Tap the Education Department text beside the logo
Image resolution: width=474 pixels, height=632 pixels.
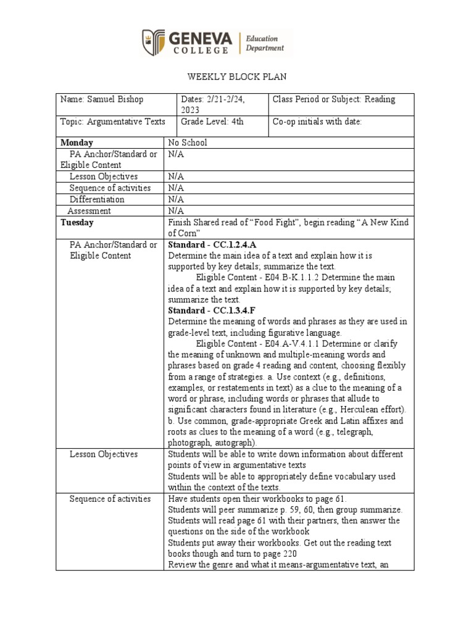[x=265, y=43]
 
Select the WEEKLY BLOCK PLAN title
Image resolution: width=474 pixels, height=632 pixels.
[x=236, y=77]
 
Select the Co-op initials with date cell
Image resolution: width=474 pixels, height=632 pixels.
[x=317, y=122]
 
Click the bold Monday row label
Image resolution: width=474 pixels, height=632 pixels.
[x=77, y=143]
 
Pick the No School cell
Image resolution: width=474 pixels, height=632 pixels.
[x=188, y=143]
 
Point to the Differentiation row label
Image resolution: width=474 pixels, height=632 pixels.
[x=97, y=199]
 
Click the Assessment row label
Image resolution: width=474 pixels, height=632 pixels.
[x=89, y=210]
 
